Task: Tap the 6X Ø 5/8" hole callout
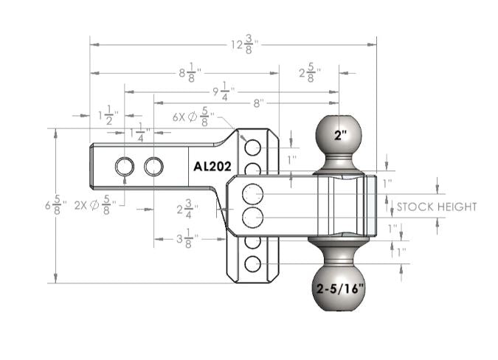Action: pos(193,116)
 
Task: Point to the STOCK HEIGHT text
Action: pos(436,207)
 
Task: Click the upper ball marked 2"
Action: pos(339,136)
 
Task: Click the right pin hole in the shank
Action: pos(153,167)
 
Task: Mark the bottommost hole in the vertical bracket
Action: pos(253,263)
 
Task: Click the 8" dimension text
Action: pos(258,103)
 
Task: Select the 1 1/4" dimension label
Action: pos(140,133)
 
